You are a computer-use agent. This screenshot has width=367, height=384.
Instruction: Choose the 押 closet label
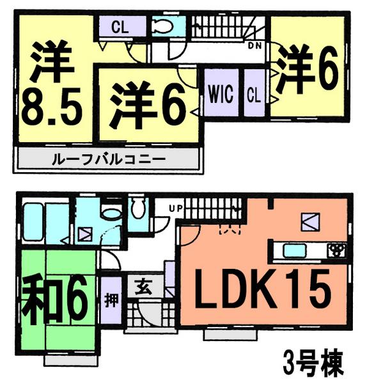click(x=110, y=298)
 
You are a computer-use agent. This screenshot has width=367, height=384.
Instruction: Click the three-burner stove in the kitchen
click(x=336, y=249)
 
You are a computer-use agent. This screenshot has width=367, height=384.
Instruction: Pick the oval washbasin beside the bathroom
click(x=112, y=214)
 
